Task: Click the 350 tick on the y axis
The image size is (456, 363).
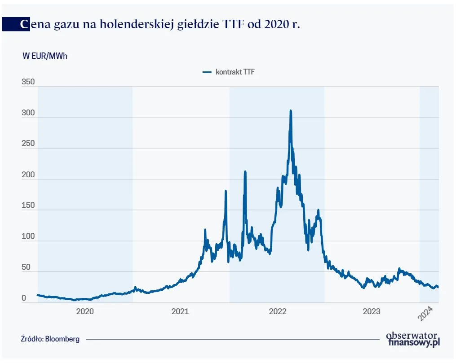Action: coord(28,82)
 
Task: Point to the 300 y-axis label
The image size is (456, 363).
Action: coord(28,113)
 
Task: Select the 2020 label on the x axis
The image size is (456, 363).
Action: coord(85,311)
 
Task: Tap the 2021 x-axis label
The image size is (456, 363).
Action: coord(180,311)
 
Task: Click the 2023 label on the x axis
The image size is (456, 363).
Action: coord(372,311)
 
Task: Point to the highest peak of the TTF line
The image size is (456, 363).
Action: coord(291,111)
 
